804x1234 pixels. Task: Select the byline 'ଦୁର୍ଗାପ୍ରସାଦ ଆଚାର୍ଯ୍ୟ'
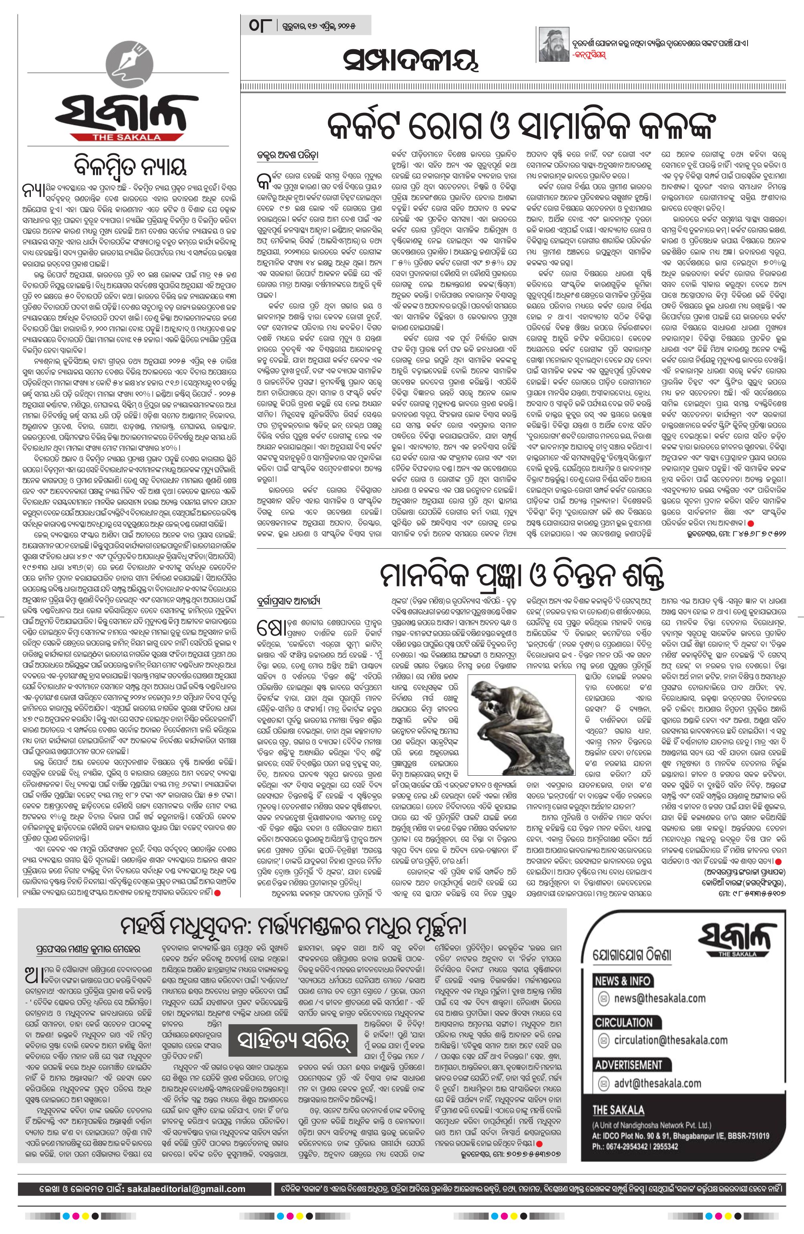pyautogui.click(x=288, y=600)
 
